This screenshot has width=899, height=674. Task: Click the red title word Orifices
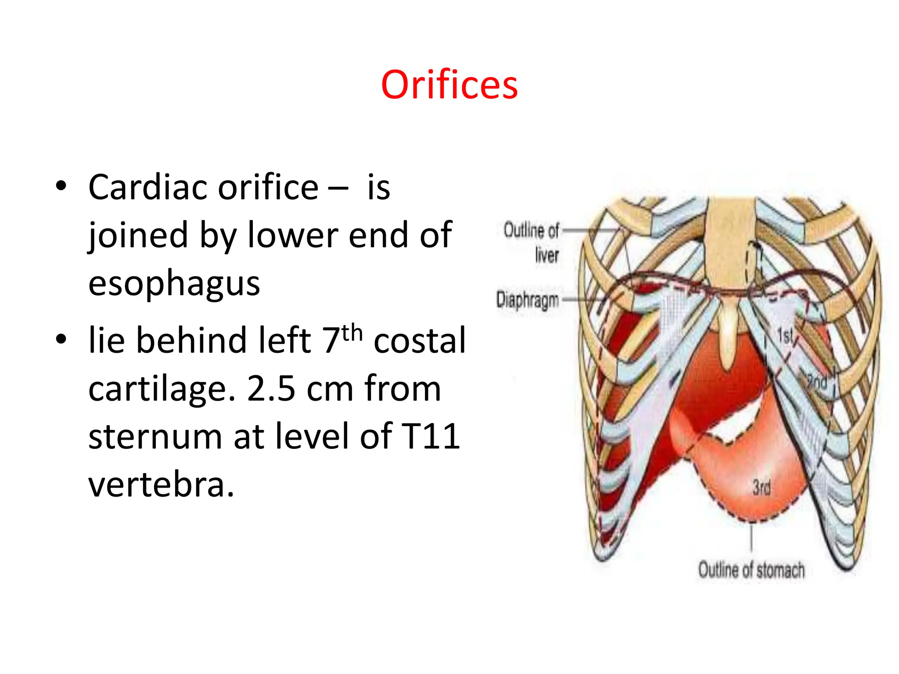[x=449, y=85]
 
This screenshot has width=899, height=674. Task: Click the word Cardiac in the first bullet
[x=148, y=188]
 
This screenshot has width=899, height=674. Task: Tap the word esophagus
[x=174, y=283]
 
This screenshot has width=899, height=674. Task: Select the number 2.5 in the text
[x=271, y=388]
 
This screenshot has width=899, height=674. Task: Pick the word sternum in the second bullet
[x=155, y=436]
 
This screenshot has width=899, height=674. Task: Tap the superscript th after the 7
[x=352, y=333]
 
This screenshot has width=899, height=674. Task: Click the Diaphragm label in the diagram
[x=527, y=300]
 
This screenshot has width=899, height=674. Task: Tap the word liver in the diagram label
[x=547, y=255]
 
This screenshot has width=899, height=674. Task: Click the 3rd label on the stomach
[x=762, y=487]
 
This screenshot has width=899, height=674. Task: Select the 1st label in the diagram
[x=785, y=336]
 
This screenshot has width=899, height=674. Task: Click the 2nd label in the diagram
[x=817, y=382]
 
